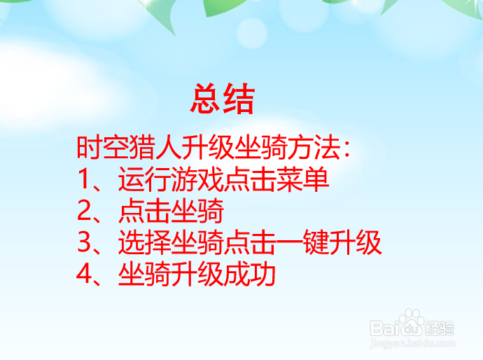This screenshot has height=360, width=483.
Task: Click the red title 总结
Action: [x=222, y=99]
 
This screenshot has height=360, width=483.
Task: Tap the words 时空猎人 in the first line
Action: [x=118, y=148]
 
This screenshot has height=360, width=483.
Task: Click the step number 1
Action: [x=85, y=181]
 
